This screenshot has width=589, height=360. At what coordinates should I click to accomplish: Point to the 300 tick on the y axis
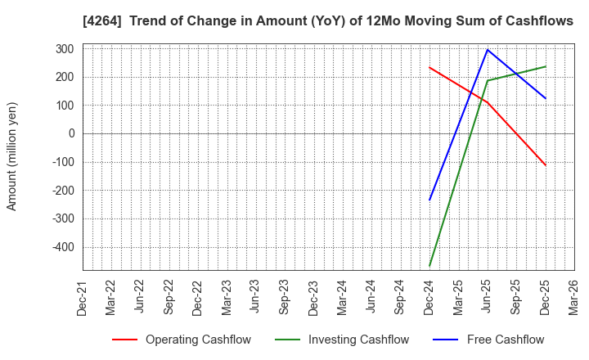tap(65, 49)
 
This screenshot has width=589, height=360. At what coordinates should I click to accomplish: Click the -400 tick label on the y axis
tap(62, 247)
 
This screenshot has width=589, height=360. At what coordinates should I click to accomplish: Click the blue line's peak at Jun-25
tap(488, 49)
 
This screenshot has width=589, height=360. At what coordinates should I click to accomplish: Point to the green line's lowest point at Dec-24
tap(429, 266)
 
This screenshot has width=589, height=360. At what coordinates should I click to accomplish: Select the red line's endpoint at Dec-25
tap(546, 165)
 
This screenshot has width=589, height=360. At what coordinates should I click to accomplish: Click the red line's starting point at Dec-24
tap(429, 67)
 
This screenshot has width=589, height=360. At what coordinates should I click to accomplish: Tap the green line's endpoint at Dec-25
tap(546, 66)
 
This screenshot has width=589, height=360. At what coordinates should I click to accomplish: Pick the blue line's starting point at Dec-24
tap(429, 200)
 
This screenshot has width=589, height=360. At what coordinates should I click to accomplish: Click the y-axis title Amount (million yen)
tap(12, 156)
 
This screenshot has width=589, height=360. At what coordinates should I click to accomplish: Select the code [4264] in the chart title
tap(101, 21)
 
